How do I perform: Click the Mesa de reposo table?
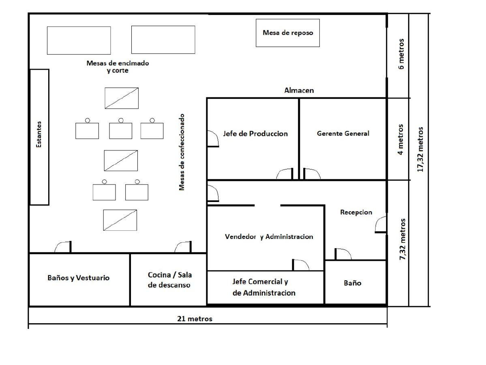288,33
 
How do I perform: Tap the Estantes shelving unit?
39,137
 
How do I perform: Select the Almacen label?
299,90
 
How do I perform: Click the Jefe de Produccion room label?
255,134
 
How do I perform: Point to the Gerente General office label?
343,134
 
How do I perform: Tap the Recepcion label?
356,212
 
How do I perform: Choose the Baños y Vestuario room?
79,280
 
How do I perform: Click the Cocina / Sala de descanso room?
169,280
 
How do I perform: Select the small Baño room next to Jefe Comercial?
355,282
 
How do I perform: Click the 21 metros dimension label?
195,318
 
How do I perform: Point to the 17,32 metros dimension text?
420,150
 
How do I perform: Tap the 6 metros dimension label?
401,54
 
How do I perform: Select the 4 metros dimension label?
401,139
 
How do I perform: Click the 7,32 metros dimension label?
403,239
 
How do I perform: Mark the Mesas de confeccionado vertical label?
182,152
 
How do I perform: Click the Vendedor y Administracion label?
269,236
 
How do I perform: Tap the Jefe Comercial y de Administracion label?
264,287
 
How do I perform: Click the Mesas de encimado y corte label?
118,67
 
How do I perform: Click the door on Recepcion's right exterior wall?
381,225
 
